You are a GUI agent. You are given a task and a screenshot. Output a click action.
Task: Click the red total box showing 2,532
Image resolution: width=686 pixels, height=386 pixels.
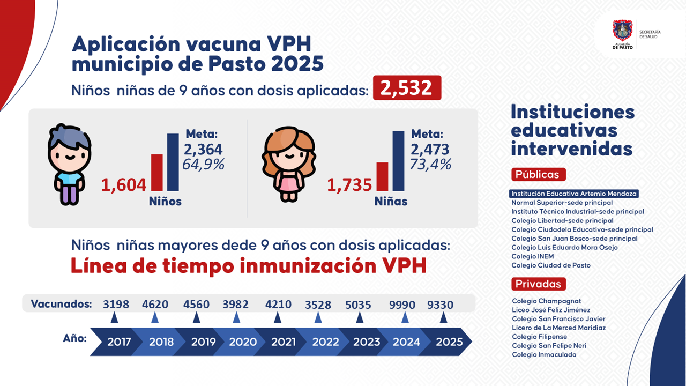tap(407, 88)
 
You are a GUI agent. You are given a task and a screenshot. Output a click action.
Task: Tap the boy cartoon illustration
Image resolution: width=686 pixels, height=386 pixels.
tap(69, 164)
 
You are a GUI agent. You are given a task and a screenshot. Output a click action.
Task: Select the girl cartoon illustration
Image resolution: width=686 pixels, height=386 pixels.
tap(288, 164)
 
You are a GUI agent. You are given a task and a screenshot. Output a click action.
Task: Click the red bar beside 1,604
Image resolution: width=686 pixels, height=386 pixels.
tap(156, 172)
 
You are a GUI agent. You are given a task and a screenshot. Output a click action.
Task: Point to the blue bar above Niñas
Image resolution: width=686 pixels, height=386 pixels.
tap(398, 161)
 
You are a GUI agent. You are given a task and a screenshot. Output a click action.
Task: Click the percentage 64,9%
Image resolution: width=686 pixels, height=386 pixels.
tap(203, 164)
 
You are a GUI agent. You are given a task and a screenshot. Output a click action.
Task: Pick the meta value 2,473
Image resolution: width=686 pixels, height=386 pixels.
tap(430, 150)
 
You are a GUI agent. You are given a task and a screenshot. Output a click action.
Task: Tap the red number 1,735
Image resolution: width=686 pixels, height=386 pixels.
tap(349, 185)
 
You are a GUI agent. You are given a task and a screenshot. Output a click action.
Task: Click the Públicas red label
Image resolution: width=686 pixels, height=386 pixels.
tap(538, 174)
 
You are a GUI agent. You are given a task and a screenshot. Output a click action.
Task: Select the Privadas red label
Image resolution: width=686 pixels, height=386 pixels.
tap(538, 284)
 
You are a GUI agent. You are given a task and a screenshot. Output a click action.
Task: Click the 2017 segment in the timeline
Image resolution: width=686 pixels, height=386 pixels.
tap(118, 342)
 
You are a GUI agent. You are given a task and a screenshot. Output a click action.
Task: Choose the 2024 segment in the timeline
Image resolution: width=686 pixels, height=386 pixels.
tap(406, 342)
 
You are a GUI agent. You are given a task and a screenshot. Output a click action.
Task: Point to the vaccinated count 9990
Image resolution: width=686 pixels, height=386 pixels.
tap(402, 305)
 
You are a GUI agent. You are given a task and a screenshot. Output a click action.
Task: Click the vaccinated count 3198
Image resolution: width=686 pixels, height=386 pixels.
tap(116, 305)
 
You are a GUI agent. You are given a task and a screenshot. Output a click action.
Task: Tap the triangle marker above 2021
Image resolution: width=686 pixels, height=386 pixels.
tap(278, 318)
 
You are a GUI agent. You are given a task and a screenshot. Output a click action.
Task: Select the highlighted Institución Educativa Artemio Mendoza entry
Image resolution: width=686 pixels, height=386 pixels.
tap(575, 194)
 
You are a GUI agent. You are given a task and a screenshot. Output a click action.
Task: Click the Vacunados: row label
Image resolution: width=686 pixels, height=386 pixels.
tap(62, 304)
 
